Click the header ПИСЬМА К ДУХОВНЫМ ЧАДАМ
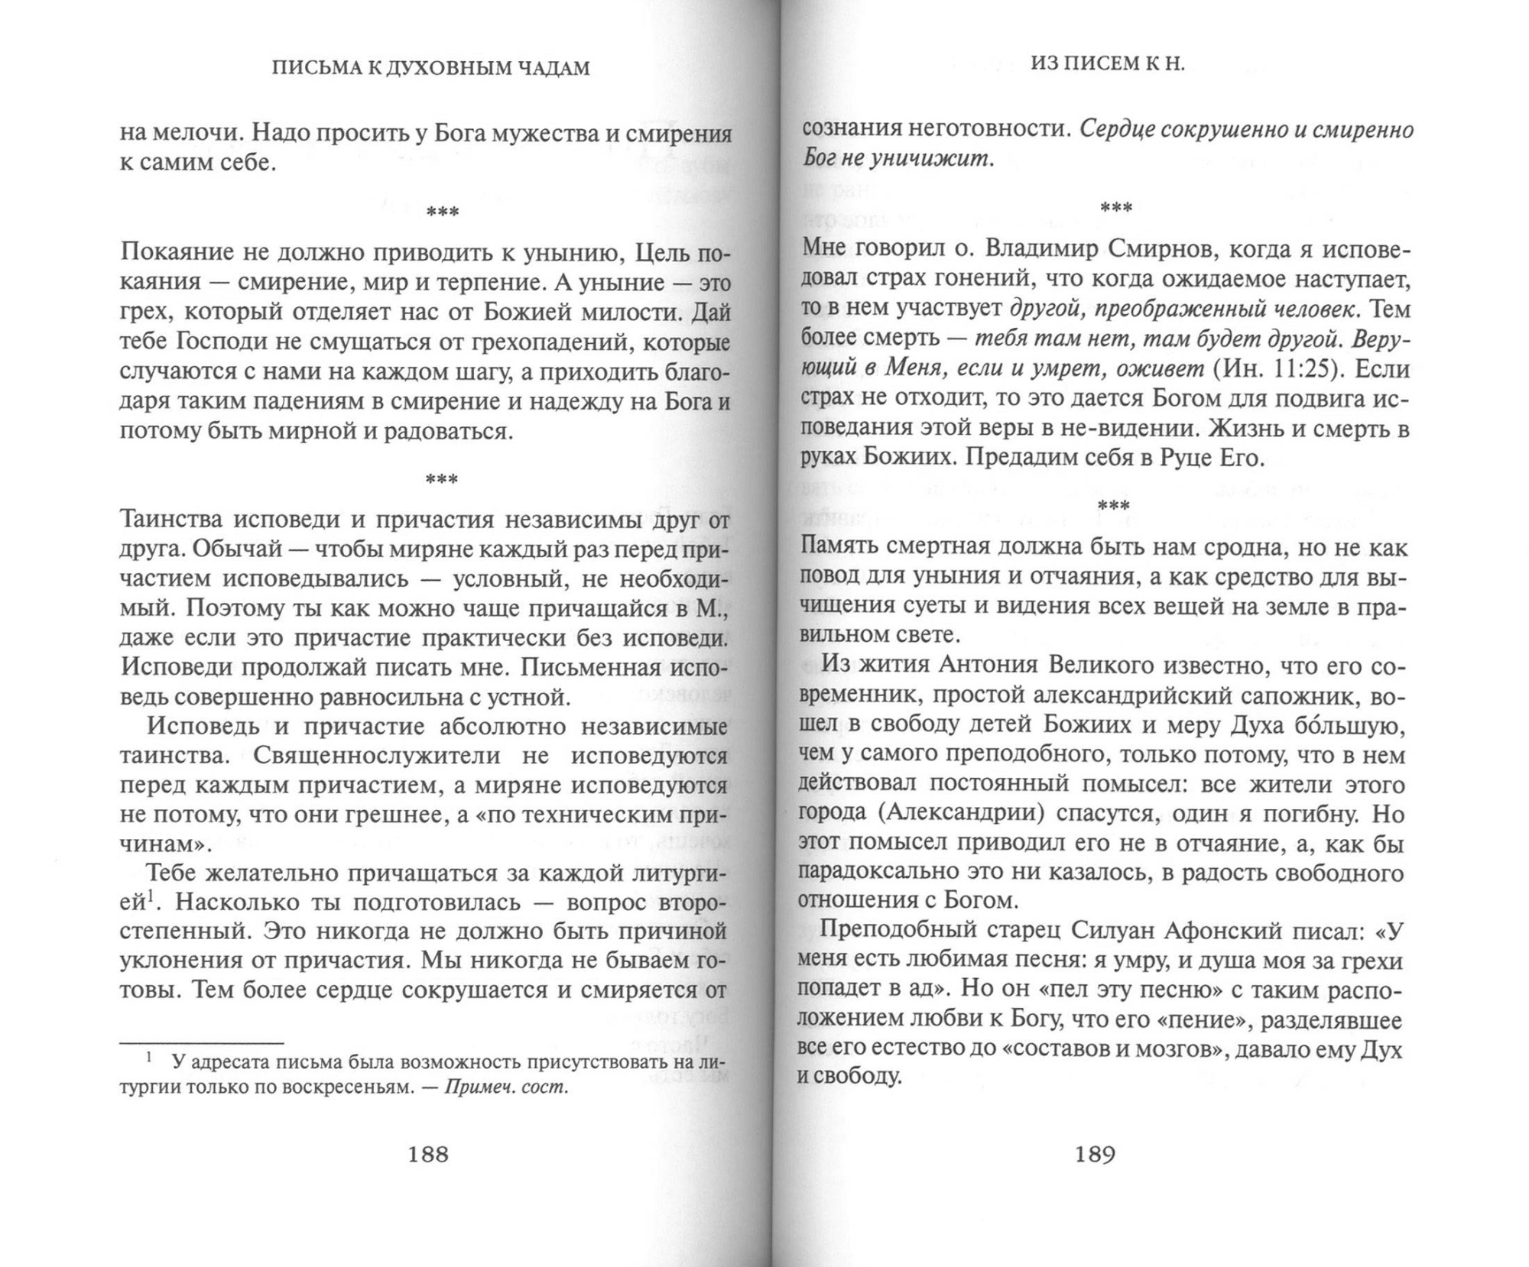(x=431, y=69)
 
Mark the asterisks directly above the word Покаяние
(x=443, y=212)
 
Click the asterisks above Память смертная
(x=1113, y=505)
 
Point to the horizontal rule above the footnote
(x=202, y=1042)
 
